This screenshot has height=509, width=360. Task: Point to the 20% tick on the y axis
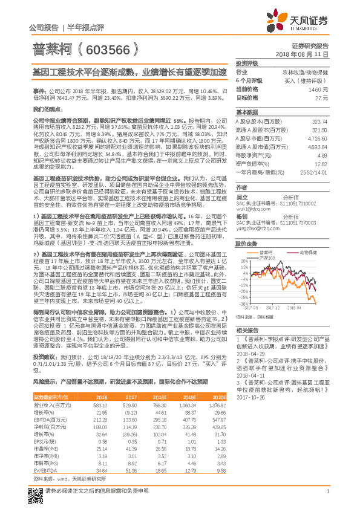click(x=243, y=245)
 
